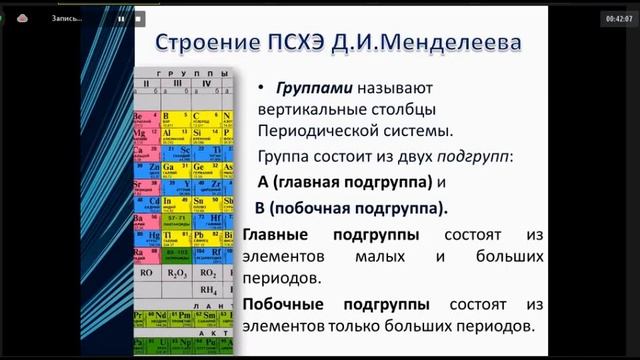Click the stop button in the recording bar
pos(139,18)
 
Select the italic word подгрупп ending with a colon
pos(475,157)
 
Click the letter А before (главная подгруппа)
pos(264,183)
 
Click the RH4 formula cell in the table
pos(208,290)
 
